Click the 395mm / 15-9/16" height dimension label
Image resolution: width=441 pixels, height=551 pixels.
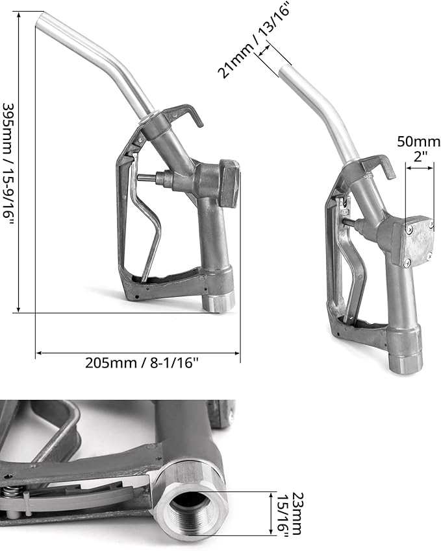point(9,165)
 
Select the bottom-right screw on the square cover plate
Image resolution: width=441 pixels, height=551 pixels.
point(429,257)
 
